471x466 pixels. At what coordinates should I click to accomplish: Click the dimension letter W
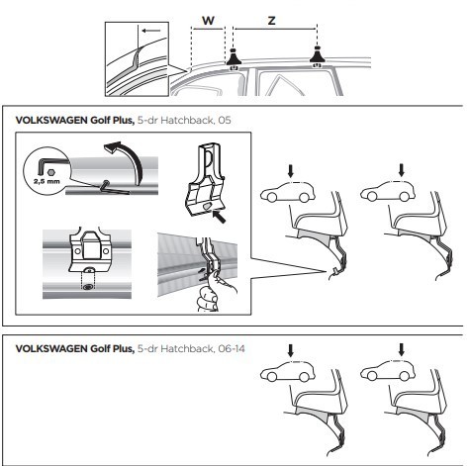coord(208,21)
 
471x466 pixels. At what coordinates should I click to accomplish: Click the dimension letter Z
coord(271,21)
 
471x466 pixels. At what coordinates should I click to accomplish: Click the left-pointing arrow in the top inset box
coord(151,31)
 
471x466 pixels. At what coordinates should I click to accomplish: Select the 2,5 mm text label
coord(47,181)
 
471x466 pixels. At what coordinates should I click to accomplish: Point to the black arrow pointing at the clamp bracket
coord(220,217)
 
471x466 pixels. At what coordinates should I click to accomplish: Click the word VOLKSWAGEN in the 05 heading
coord(51,120)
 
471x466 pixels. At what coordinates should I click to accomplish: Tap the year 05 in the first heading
coord(225,120)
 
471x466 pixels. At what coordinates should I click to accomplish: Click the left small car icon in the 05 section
coord(288,192)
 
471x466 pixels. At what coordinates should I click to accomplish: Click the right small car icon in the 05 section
coord(388,191)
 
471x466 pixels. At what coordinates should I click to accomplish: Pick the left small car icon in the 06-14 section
coord(288,372)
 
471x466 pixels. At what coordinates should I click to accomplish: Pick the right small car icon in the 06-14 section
coord(388,371)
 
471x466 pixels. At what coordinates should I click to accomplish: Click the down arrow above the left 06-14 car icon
coord(290,350)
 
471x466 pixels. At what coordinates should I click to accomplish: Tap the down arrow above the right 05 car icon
coord(401,170)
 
